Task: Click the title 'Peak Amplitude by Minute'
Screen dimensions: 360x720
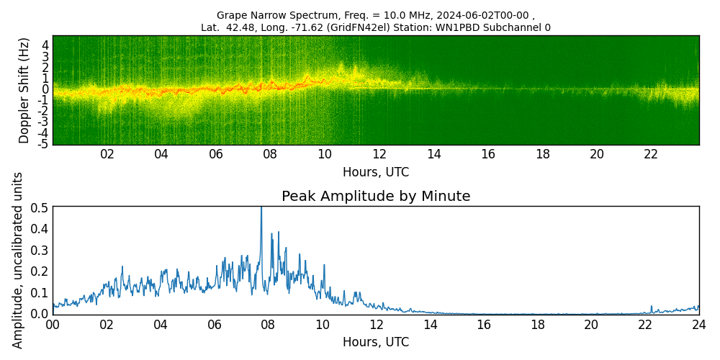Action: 376,197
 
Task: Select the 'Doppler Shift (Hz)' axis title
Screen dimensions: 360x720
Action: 24,90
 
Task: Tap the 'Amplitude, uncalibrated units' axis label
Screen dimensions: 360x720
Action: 18,260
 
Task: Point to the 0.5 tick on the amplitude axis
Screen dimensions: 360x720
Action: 40,207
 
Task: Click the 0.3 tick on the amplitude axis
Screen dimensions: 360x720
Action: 40,250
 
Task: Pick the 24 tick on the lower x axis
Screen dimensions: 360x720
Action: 698,325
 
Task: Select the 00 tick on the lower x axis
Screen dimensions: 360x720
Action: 53,325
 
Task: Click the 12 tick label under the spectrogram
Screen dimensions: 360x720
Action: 379,154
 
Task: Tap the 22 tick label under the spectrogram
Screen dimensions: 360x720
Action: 651,154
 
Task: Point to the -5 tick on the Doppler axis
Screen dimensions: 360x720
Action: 43,144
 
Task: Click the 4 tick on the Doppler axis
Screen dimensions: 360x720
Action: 45,45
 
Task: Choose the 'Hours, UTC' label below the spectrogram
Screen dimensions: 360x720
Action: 376,172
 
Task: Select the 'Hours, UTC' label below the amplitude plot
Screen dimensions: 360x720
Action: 376,342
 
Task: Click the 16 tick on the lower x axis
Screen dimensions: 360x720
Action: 483,325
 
